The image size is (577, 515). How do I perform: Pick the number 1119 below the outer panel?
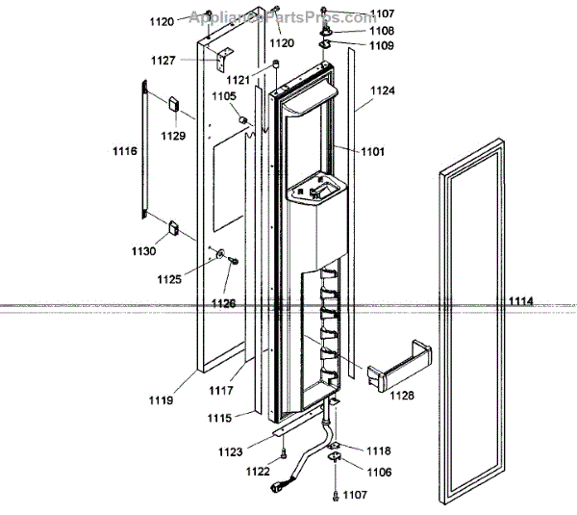[162, 399]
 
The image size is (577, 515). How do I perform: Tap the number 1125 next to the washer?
[169, 279]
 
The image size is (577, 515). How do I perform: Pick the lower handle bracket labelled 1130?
[176, 228]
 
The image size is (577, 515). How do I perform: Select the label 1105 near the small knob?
[223, 96]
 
